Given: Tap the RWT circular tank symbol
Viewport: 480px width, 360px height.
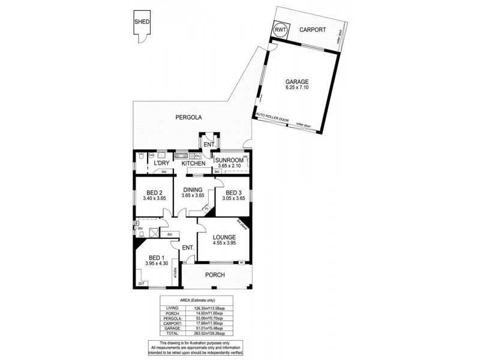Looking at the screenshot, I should (280, 29).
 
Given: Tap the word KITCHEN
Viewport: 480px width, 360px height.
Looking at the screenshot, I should (194, 163).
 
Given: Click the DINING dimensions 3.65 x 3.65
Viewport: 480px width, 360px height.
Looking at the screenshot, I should (193, 196).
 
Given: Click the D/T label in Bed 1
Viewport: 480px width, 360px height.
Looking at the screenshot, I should (142, 283).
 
